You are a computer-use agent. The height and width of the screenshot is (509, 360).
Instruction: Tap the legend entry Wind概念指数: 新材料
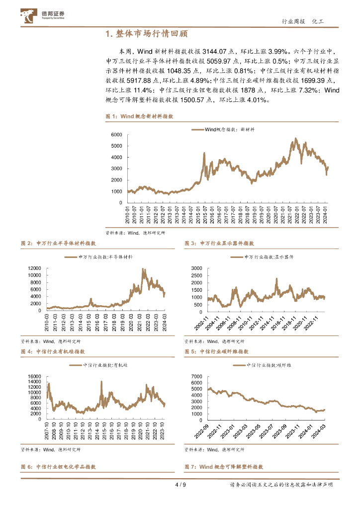pyautogui.click(x=224, y=129)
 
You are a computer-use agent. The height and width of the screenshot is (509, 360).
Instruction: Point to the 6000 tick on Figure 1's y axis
pyautogui.click(x=116, y=135)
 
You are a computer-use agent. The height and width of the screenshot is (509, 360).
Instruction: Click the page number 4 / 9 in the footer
pyautogui.click(x=180, y=485)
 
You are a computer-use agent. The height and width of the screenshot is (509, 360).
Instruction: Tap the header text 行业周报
pyautogui.click(x=292, y=21)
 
